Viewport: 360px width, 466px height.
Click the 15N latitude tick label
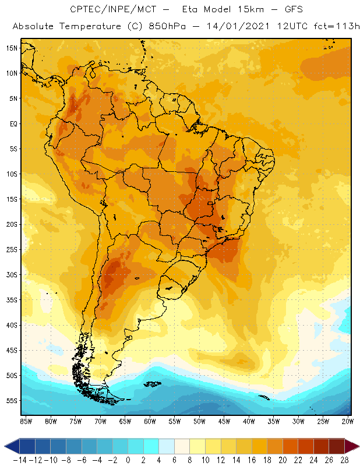click(11, 48)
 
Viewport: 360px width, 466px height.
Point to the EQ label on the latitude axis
click(13, 123)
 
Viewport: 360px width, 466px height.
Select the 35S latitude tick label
click(11, 300)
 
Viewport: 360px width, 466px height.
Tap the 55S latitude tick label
click(11, 401)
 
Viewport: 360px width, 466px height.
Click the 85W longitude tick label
click(26, 421)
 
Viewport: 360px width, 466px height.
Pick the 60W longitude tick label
click(150, 421)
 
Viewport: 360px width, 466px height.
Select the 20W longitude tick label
click(348, 421)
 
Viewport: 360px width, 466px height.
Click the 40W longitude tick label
click(249, 421)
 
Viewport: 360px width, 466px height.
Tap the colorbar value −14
click(20, 460)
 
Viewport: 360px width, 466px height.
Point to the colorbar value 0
click(128, 460)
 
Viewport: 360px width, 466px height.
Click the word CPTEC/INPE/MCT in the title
click(110, 10)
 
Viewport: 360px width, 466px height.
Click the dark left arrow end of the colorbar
click(10, 446)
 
